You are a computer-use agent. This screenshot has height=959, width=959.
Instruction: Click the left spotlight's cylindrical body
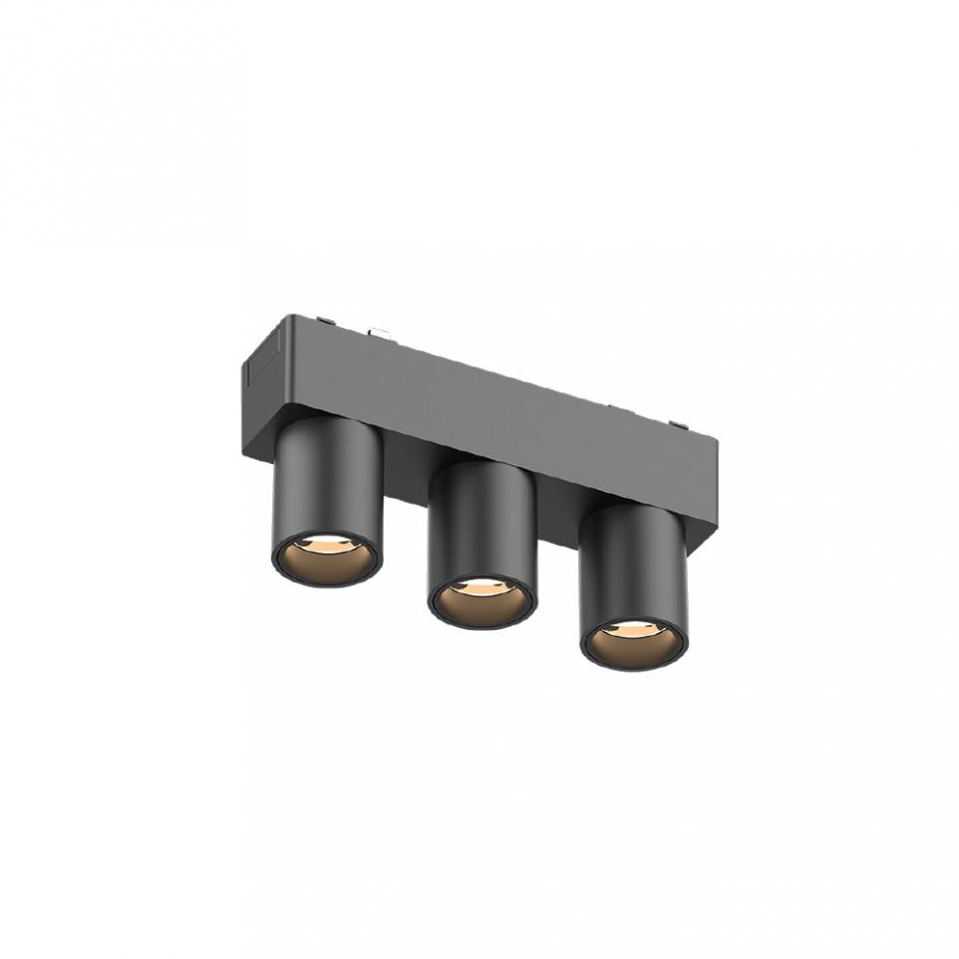[327, 477]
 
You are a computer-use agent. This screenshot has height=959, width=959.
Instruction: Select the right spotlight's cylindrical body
[634, 561]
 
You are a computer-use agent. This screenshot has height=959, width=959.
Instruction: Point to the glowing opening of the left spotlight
[326, 559]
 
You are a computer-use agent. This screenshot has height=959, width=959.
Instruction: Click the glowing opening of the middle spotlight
[481, 602]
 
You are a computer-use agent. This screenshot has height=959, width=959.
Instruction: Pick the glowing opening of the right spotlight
[634, 643]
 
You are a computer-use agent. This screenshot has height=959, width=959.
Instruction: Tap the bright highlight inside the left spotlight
[328, 545]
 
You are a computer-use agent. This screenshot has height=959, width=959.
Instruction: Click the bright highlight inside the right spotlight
[634, 629]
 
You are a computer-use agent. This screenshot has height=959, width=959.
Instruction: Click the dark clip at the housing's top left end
[325, 320]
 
